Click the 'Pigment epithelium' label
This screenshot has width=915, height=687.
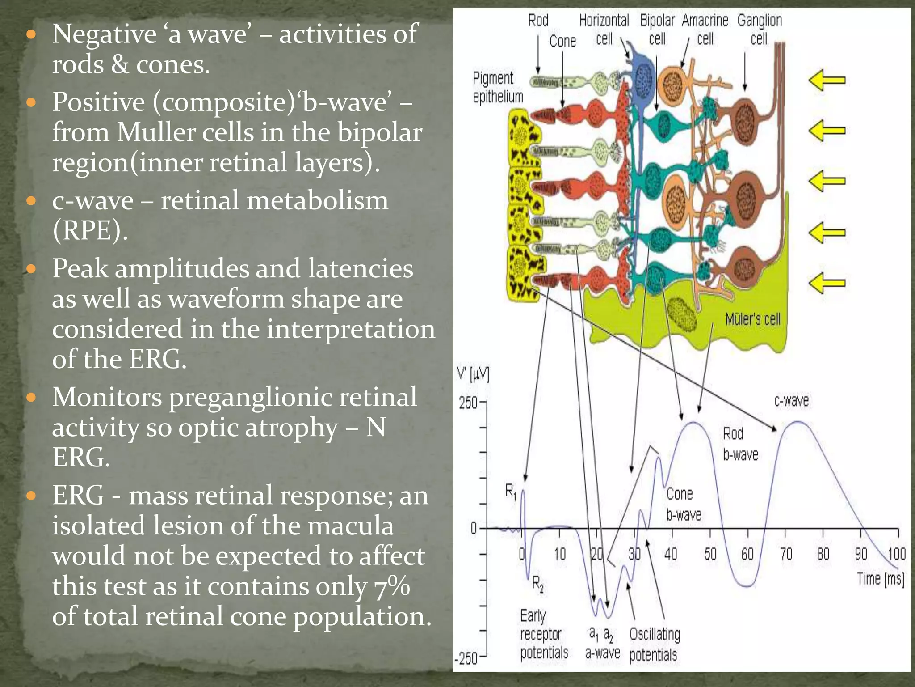[x=498, y=87]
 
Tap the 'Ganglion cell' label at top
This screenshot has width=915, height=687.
[x=760, y=30]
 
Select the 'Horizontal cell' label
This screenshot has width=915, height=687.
[x=604, y=30]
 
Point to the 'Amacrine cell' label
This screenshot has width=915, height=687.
[x=705, y=30]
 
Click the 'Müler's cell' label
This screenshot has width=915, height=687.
[x=753, y=319]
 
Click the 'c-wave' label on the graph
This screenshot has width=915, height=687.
[x=791, y=400]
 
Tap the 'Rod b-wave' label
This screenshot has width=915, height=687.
[x=740, y=444]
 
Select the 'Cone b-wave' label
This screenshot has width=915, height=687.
[x=683, y=504]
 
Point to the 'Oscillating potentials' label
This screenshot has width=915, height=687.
[x=655, y=645]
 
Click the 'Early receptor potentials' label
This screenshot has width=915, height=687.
[x=544, y=634]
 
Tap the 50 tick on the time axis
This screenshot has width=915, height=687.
[x=710, y=555]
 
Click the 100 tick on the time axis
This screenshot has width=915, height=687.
[x=897, y=555]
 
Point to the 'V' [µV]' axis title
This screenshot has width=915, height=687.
[x=473, y=374]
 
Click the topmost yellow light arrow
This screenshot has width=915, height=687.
[x=827, y=81]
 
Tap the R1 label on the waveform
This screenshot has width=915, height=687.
[x=511, y=492]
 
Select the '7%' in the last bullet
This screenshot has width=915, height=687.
[x=392, y=586]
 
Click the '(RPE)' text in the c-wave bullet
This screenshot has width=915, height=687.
[x=90, y=231]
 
